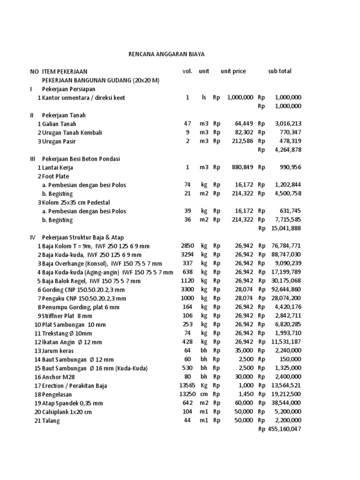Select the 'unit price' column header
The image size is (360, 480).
[x=233, y=71]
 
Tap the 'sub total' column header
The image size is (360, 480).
[x=279, y=71]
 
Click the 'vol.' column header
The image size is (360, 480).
[x=187, y=71]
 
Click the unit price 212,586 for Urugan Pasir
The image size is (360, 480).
[x=242, y=141]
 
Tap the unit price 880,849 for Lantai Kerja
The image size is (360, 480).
[x=242, y=167]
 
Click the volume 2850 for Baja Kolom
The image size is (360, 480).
[x=187, y=246]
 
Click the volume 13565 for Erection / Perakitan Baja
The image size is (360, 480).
[x=187, y=386]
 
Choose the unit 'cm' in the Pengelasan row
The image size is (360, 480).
[x=204, y=395]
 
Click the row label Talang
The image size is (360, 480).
[x=51, y=421]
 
